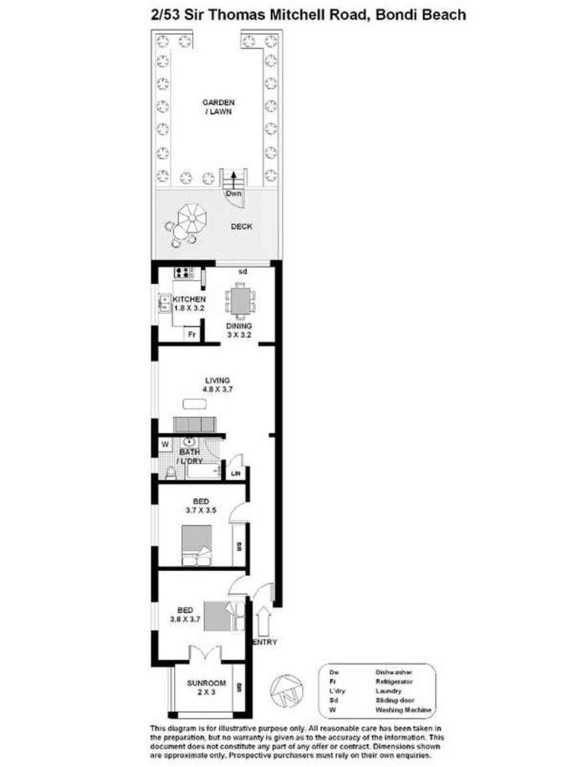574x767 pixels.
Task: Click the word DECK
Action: click(241, 227)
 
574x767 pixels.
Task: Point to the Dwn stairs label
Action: click(232, 194)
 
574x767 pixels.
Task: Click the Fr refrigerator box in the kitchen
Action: click(192, 334)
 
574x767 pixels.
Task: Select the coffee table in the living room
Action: click(195, 404)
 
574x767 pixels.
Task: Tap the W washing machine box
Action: click(164, 444)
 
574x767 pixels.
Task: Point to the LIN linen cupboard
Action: click(236, 474)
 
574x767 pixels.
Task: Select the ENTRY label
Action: click(264, 642)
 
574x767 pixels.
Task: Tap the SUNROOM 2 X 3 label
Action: click(206, 688)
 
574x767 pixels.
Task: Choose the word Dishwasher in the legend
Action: click(392, 672)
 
